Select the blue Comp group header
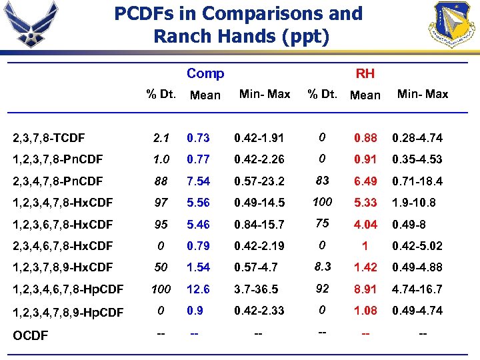point(205,73)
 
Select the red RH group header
point(365,73)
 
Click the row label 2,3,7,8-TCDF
point(49,138)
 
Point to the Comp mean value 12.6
point(199,289)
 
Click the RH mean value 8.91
point(365,289)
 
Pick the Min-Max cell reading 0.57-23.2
point(259,181)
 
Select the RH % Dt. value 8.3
point(323,266)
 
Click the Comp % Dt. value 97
point(161,203)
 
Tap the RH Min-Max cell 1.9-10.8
point(414,203)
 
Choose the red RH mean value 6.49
point(365,181)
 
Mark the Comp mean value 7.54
point(199,181)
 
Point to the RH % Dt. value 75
point(323,223)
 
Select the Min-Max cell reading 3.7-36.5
point(256,289)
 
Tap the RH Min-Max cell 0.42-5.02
point(417,245)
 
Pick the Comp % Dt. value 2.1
point(161,139)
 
